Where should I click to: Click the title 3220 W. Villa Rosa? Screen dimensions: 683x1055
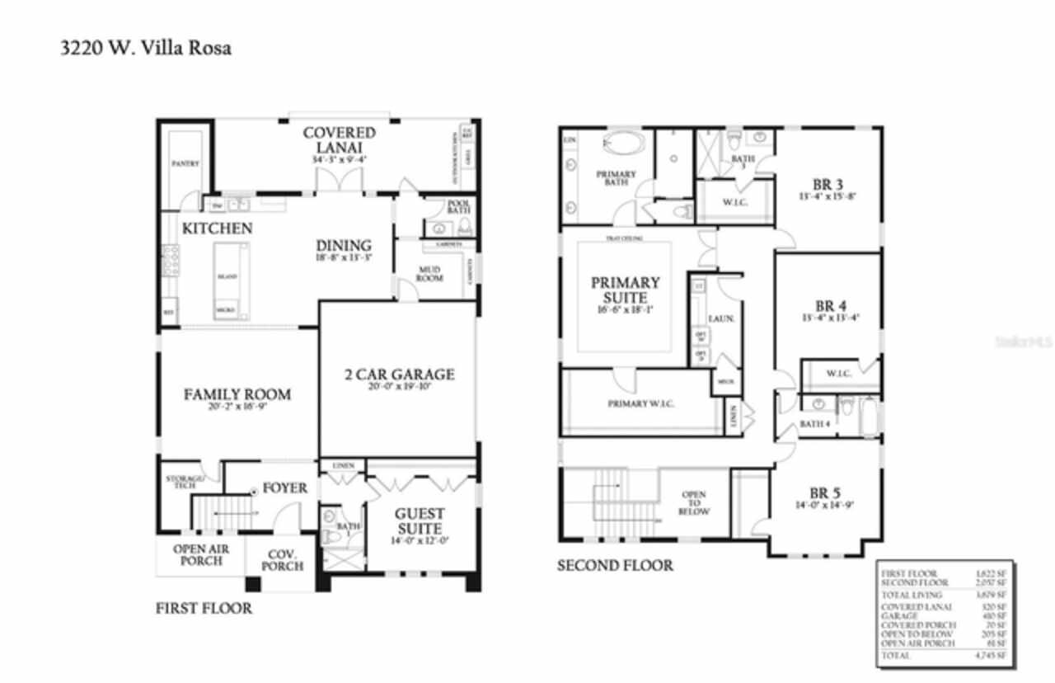[146, 48]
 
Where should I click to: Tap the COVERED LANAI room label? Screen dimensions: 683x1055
[339, 139]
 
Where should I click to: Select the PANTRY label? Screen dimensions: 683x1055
[185, 163]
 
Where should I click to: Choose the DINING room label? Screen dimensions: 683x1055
[344, 246]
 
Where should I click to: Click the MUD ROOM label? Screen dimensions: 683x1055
[429, 274]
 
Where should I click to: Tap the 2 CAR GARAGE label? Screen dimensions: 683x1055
[399, 374]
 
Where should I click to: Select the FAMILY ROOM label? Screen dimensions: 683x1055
[237, 394]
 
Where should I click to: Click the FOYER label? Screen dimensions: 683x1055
[284, 488]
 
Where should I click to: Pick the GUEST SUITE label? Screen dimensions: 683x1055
[420, 520]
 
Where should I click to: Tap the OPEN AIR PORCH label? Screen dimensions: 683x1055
[201, 555]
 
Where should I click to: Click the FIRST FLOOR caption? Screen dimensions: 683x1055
[204, 609]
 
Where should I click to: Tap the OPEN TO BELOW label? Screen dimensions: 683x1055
[694, 503]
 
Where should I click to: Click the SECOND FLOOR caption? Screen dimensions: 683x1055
[615, 565]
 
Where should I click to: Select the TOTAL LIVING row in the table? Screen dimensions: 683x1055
[945, 595]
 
